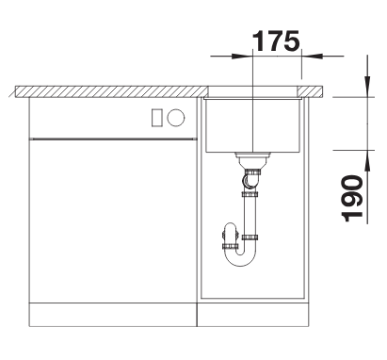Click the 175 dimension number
276,41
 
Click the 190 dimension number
352,199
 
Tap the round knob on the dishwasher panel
176,118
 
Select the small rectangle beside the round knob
157,118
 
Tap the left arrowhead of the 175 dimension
242,57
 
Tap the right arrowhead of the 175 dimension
312,57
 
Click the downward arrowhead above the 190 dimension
367,86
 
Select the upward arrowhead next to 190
367,161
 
